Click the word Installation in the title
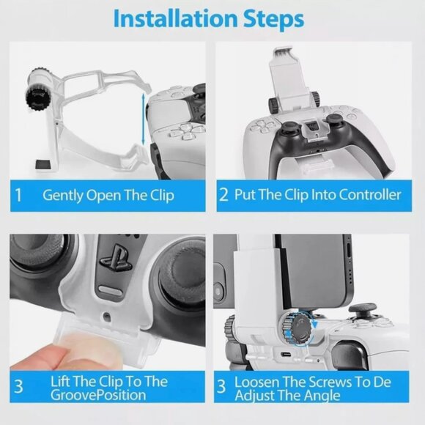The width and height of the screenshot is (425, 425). pyautogui.click(x=173, y=20)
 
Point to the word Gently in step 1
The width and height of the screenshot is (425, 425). pyautogui.click(x=62, y=196)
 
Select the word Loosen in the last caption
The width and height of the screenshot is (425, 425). pyautogui.click(x=256, y=382)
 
